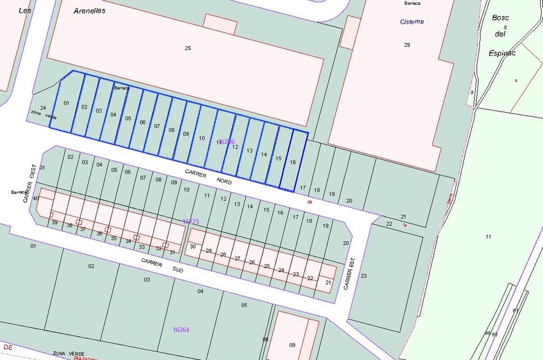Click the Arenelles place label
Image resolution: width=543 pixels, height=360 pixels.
point(89,10)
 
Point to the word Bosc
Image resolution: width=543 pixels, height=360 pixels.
point(500,17)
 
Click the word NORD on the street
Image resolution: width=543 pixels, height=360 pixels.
point(225,181)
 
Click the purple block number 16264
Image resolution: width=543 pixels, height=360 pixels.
point(181,329)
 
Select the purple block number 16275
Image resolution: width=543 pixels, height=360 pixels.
point(190,221)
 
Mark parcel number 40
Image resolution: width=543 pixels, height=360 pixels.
point(36,198)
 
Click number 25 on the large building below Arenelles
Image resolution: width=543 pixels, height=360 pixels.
point(188,48)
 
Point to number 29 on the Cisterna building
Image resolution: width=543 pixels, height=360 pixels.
point(406,45)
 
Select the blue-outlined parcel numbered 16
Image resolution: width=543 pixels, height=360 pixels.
point(293,162)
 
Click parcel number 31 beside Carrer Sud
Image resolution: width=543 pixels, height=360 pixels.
point(172,252)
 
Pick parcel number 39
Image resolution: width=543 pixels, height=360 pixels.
point(54,222)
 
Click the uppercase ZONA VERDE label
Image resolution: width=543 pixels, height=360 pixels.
point(68,353)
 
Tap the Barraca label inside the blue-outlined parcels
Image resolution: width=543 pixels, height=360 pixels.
point(120,88)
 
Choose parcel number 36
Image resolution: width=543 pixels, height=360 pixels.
point(99,233)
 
